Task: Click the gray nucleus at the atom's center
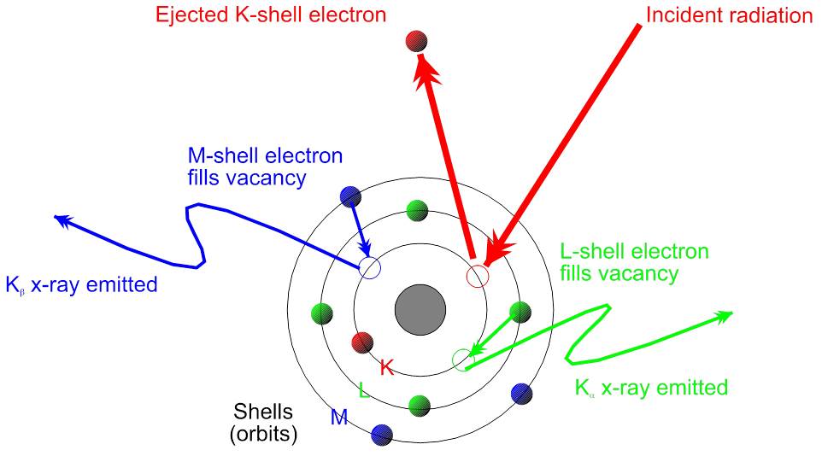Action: [419, 311]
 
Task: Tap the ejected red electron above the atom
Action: [417, 40]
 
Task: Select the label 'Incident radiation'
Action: [729, 15]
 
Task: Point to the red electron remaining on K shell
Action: [362, 342]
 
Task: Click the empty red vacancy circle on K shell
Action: [477, 276]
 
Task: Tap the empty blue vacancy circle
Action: [369, 267]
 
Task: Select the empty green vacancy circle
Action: [461, 360]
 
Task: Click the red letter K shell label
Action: [386, 368]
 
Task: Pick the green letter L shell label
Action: [364, 392]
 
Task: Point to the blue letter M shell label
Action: [339, 418]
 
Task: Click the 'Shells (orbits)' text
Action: [263, 422]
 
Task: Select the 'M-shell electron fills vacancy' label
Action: [265, 167]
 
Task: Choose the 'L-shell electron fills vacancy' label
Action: [634, 262]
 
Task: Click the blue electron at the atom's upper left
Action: [349, 196]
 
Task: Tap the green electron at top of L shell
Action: [417, 209]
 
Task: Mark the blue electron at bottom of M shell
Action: [382, 435]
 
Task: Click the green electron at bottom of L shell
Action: [418, 405]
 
